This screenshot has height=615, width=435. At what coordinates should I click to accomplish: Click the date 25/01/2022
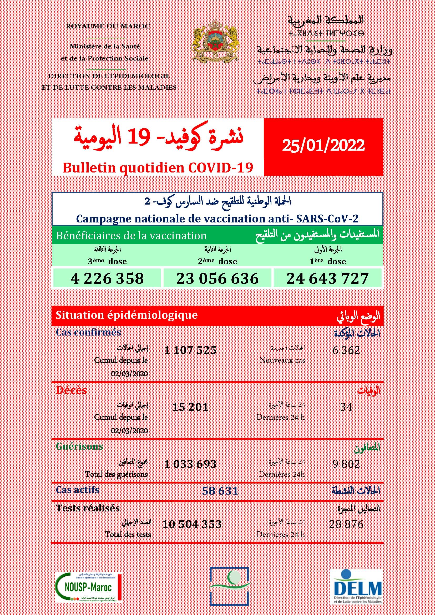(x=323, y=146)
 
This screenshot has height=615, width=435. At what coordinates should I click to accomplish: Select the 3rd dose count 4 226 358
(x=107, y=278)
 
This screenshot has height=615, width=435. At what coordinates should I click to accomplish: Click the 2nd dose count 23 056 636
(x=217, y=278)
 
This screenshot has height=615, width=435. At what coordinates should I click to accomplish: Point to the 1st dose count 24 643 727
(x=327, y=278)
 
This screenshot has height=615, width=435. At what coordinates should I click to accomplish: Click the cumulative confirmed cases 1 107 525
(x=190, y=350)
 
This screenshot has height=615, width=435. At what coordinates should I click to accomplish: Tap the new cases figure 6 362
(x=346, y=350)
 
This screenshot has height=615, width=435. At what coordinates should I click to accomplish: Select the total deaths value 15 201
(x=190, y=407)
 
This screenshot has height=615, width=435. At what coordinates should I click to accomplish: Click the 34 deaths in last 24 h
(x=346, y=407)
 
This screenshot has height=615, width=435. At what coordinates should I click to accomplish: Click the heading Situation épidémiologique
(x=127, y=315)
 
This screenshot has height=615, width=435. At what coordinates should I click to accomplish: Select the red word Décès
(x=71, y=390)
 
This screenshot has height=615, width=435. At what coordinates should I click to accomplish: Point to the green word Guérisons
(x=79, y=446)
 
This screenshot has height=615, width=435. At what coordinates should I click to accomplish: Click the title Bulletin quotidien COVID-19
(x=158, y=168)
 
